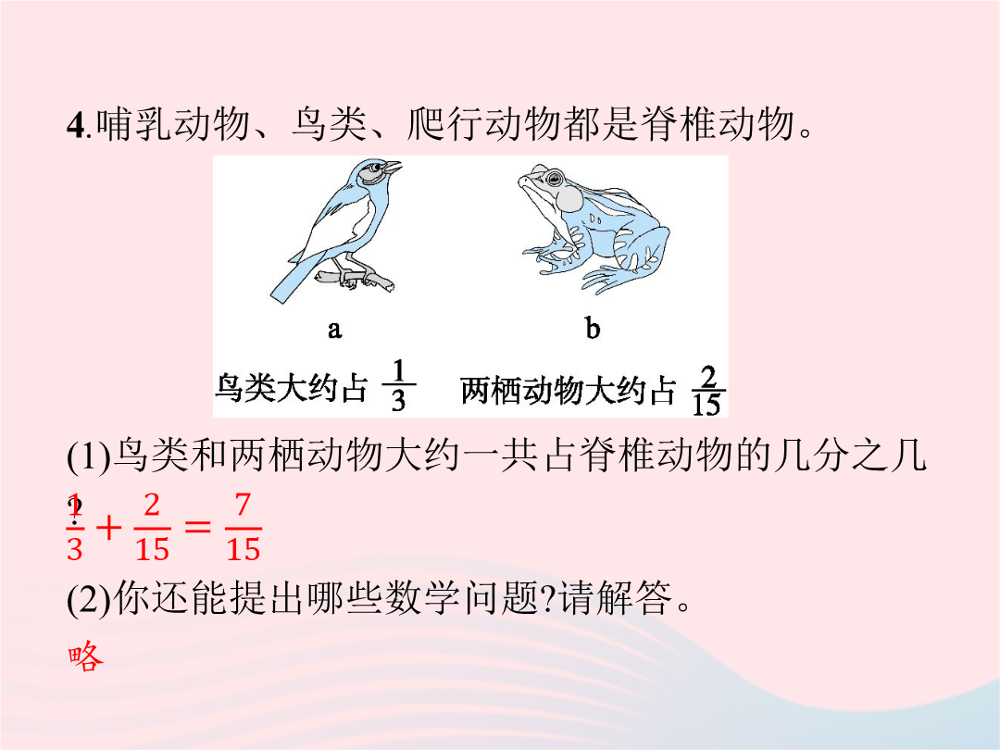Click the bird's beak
(x=391, y=169)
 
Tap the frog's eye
(x=555, y=177)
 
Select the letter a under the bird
(x=335, y=330)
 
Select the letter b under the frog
(x=593, y=329)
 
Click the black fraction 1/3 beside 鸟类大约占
(x=398, y=385)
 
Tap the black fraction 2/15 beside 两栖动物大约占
(x=706, y=391)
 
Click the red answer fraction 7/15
(x=243, y=528)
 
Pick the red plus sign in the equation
(x=108, y=528)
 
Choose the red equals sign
(x=197, y=527)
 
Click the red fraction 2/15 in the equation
(x=152, y=528)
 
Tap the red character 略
(x=85, y=656)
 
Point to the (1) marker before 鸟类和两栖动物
(x=89, y=457)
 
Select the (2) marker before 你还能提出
(x=89, y=599)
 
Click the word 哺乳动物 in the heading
(x=173, y=124)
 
